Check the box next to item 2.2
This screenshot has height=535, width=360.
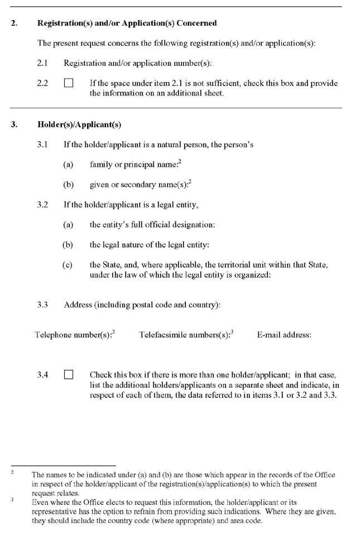tap(69, 84)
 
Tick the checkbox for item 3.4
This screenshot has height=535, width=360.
tap(69, 375)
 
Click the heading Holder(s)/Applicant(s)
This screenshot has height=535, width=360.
tap(79, 124)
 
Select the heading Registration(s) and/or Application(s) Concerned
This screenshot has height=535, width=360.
tap(127, 23)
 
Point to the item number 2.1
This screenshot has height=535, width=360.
tap(42, 64)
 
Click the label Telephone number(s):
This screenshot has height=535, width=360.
tap(74, 335)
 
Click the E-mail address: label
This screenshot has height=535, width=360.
tap(284, 335)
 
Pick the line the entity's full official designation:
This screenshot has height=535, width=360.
tap(152, 225)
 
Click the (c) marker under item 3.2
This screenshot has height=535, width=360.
tap(68, 265)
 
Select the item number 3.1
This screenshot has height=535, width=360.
tap(42, 144)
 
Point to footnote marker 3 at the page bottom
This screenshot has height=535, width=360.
tap(12, 500)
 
